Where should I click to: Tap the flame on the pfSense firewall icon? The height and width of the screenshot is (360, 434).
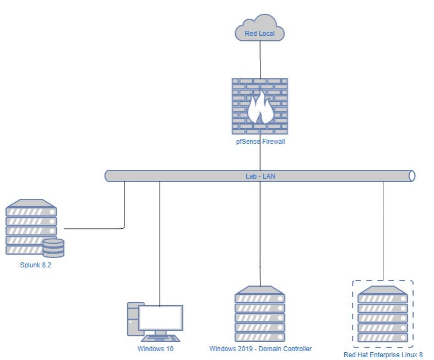click(260, 108)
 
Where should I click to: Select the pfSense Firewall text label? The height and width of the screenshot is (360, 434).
click(260, 142)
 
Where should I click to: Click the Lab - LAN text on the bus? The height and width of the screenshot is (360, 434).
click(259, 176)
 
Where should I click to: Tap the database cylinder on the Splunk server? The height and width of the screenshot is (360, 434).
click(53, 248)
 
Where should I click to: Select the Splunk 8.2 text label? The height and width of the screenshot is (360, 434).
click(32, 265)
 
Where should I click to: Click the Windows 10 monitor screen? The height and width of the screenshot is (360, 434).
click(160, 318)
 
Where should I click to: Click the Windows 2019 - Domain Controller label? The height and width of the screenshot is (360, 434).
click(261, 349)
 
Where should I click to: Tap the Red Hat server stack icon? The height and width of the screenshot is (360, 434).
click(383, 314)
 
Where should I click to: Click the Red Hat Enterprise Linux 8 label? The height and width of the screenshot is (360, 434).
click(383, 354)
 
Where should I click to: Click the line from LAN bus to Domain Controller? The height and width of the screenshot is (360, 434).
click(260, 232)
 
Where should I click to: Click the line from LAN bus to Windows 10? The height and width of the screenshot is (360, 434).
click(160, 243)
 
